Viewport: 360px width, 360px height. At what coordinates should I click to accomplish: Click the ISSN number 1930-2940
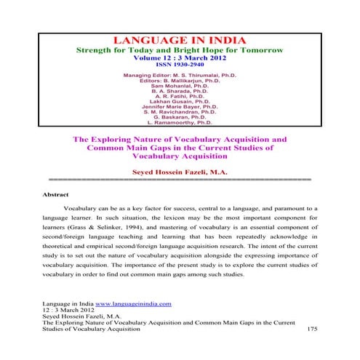click(180, 64)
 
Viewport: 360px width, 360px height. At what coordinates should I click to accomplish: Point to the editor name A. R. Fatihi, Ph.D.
click(180, 100)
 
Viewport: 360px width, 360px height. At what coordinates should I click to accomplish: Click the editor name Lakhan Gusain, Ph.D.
click(180, 105)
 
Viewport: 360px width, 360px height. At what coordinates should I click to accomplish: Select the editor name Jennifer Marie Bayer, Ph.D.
click(180, 111)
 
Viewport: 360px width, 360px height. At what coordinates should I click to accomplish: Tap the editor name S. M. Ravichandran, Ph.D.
click(180, 117)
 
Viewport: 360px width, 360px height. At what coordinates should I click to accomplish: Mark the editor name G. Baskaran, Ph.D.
click(180, 123)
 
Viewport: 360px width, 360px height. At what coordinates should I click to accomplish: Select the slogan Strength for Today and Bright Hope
click(180, 49)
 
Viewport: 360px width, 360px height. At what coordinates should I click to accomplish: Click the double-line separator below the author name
click(180, 179)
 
